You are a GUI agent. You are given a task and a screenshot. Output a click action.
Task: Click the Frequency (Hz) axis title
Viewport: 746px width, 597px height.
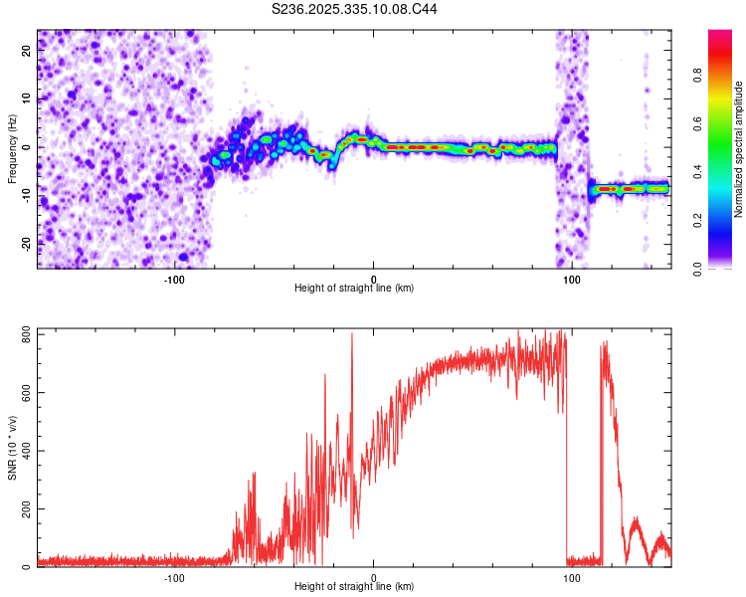click(x=11, y=148)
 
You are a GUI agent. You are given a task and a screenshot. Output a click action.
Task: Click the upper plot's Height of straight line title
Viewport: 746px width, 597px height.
click(x=354, y=288)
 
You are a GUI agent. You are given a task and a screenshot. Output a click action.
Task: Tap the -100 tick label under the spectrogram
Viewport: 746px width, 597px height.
click(x=175, y=278)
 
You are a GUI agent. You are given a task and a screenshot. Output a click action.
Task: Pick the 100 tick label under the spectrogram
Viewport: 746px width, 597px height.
click(x=571, y=278)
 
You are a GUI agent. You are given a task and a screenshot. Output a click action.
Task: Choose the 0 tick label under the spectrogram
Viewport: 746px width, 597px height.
click(x=374, y=278)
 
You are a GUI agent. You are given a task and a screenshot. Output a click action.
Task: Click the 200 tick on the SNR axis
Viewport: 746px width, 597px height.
click(x=24, y=508)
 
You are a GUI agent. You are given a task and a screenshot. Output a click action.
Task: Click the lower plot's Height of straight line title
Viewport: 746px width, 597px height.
click(x=354, y=587)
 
